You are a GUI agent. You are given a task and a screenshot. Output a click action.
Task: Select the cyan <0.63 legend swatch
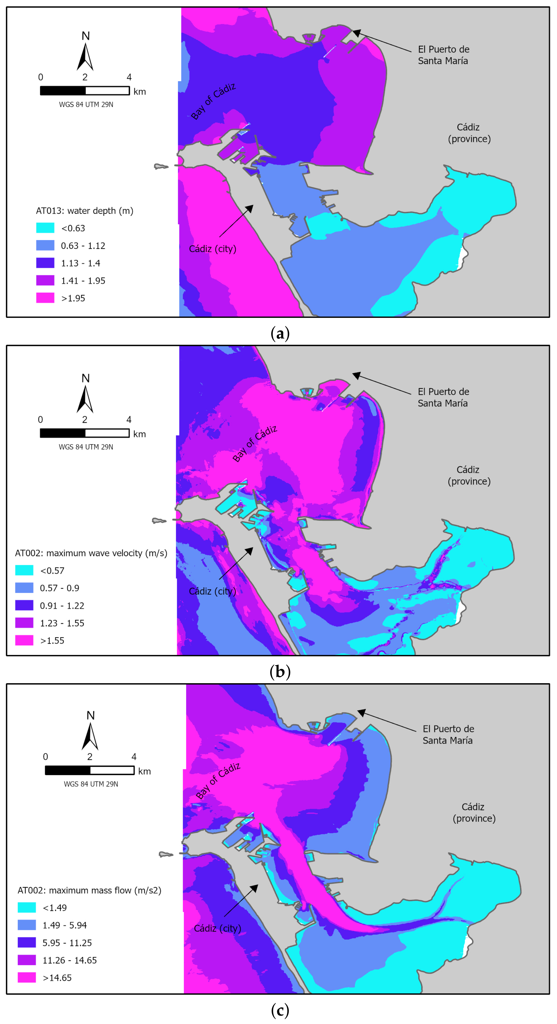click(x=45, y=228)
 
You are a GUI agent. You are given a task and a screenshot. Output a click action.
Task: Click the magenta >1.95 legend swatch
click(x=45, y=298)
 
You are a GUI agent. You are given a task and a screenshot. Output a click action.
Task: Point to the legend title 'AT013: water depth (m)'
click(x=85, y=211)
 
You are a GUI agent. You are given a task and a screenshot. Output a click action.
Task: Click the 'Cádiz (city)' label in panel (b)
click(x=212, y=591)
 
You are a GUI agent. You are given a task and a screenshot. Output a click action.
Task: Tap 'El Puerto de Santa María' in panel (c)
click(x=448, y=734)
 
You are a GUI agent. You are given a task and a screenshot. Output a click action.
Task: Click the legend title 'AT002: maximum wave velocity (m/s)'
click(x=91, y=553)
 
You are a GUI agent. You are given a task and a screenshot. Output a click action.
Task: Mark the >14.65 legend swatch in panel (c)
click(x=27, y=977)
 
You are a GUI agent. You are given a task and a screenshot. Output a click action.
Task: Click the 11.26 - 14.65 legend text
click(x=70, y=960)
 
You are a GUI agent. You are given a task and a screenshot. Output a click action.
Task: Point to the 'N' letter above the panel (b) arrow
click(x=85, y=378)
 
